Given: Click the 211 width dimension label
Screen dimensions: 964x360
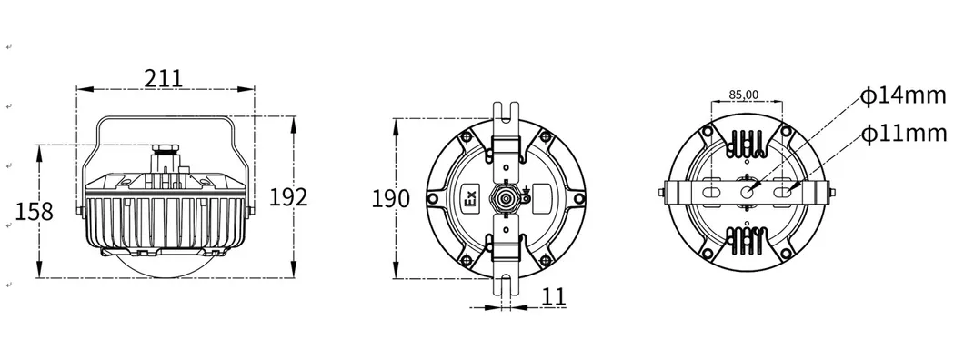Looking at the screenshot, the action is pyautogui.click(x=164, y=78).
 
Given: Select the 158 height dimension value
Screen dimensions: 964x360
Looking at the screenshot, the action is pyautogui.click(x=35, y=212).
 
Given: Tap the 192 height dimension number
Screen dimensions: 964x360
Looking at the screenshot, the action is pyautogui.click(x=288, y=197).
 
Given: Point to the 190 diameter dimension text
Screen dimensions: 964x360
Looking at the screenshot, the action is pyautogui.click(x=390, y=198).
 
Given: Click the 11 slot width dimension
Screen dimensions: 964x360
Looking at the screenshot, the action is pyautogui.click(x=554, y=296).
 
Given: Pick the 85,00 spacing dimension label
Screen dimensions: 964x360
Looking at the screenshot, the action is pyautogui.click(x=744, y=95).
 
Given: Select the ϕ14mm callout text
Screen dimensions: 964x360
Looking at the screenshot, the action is pyautogui.click(x=903, y=96).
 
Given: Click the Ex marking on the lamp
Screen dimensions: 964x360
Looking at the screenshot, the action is pyautogui.click(x=470, y=198).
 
